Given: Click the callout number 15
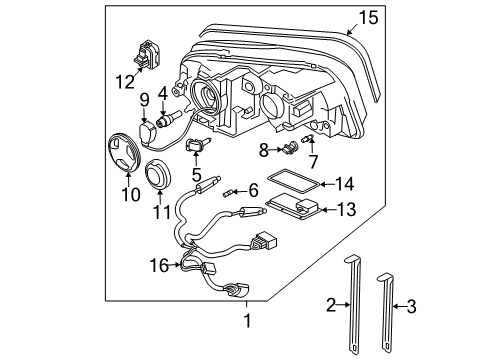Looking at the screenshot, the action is tap(368, 18).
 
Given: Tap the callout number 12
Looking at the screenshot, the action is tap(125, 82).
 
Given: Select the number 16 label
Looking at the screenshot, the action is tap(159, 266).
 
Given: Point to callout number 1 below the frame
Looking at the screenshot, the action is tap(247, 321).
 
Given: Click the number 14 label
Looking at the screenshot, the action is tap(344, 184).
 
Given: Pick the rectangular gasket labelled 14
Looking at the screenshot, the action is tap(293, 181).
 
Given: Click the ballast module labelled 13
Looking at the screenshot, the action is tap(294, 206).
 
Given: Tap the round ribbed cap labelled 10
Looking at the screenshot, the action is tap(124, 152).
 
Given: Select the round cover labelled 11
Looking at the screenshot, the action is tap(158, 174).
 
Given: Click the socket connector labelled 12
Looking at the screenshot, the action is tap(147, 55).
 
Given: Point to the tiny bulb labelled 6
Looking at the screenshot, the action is tap(227, 193).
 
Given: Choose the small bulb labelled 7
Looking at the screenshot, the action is tap(307, 138).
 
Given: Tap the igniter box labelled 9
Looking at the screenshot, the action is tap(147, 133).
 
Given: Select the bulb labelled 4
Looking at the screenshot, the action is tap(168, 119).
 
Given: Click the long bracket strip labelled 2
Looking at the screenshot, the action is tap(353, 303).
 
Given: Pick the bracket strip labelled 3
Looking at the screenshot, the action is tap(387, 313).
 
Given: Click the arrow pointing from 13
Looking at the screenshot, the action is tap(328, 210).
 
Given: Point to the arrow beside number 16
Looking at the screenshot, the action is tap(175, 265).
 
